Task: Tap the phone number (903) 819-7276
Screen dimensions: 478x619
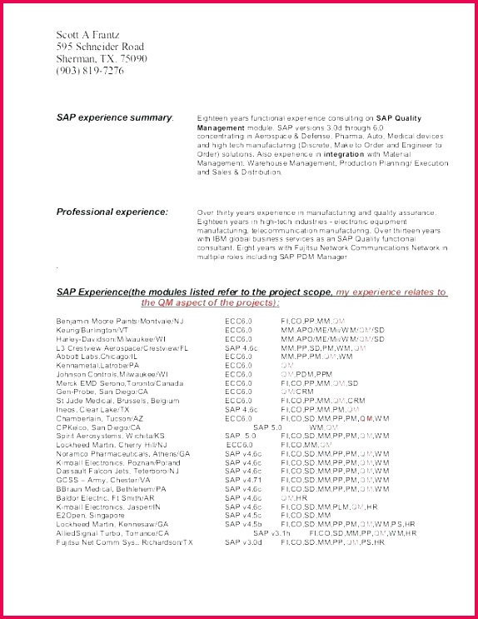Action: (90, 71)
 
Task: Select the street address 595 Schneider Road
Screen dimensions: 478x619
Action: (100, 47)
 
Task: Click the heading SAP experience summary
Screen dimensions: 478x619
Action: (114, 118)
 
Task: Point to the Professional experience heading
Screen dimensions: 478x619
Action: (112, 212)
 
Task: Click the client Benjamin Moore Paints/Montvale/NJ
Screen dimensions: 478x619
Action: (120, 320)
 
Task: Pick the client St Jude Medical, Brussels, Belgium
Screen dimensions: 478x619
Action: (117, 401)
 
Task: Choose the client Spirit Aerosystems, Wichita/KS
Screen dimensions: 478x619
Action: (111, 436)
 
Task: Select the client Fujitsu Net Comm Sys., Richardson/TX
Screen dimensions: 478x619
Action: (125, 542)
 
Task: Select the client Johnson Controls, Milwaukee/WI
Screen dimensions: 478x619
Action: (112, 374)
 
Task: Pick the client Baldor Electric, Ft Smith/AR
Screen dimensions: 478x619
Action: (106, 497)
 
